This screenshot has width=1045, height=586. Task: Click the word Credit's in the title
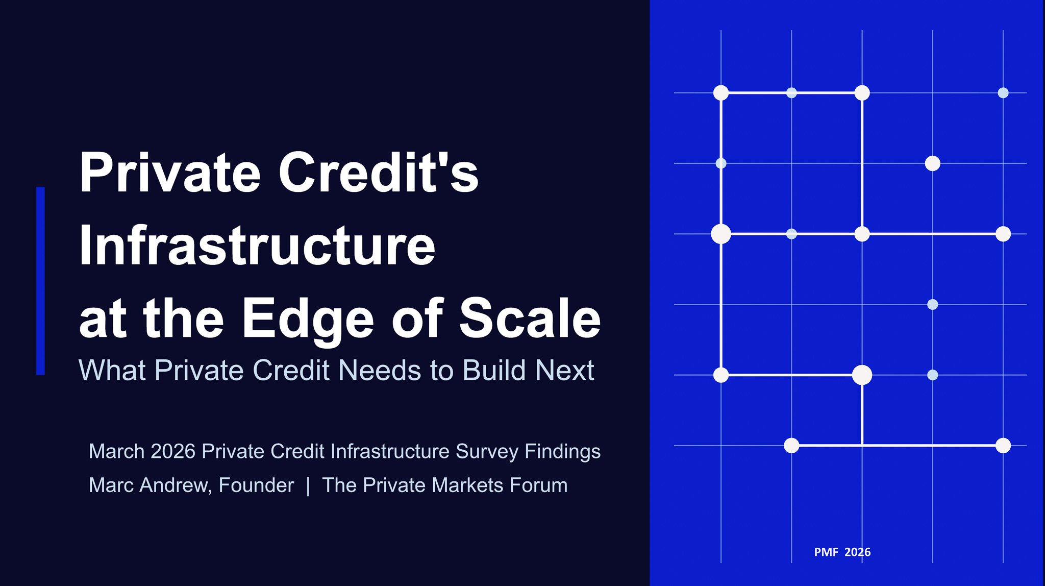(x=378, y=173)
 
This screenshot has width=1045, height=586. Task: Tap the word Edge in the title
(x=308, y=319)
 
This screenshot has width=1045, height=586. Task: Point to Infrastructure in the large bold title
(x=257, y=246)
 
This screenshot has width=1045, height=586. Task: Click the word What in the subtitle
(x=112, y=370)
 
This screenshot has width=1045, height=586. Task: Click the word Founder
(x=256, y=485)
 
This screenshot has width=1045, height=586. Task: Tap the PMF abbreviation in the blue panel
(x=826, y=552)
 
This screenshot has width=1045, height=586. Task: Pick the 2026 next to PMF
(x=857, y=552)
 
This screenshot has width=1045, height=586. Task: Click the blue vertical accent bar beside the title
(x=40, y=281)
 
